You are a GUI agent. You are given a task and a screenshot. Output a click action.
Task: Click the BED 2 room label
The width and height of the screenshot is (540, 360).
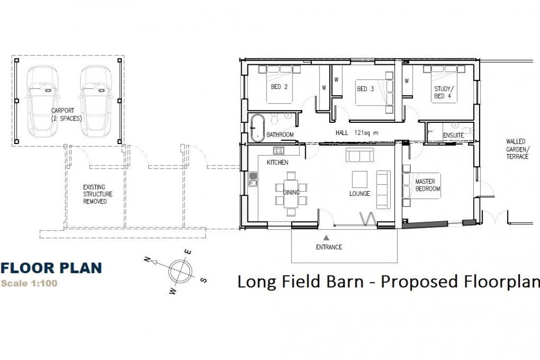point(279,87)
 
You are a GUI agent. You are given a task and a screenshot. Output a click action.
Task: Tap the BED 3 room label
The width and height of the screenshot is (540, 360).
point(365,89)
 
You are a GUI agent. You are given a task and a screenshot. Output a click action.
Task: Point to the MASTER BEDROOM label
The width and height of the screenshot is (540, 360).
point(428,185)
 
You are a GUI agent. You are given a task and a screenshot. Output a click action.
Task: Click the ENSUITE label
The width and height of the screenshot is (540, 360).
point(453,136)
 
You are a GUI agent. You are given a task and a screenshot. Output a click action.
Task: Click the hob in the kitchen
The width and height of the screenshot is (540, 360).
point(279,151)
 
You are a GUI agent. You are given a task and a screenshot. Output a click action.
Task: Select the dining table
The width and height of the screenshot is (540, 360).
point(291,194)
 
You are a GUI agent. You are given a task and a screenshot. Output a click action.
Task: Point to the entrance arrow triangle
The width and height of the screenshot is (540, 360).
point(326,238)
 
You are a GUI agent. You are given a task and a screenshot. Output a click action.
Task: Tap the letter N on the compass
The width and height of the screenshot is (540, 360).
point(147,259)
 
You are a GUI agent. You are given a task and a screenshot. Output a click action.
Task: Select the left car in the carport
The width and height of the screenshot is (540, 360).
point(42,101)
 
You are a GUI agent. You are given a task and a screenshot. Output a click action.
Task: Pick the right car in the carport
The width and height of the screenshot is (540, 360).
point(96,101)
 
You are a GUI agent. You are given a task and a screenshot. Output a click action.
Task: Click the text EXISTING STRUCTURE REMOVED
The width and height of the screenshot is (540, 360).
point(98,194)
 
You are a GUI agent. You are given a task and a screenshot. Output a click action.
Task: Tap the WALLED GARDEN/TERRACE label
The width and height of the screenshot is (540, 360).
point(517,149)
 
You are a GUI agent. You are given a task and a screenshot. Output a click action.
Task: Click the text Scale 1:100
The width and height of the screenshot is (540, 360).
point(29,283)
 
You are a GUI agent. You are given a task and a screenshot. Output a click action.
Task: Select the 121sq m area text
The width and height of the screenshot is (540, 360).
point(366,133)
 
